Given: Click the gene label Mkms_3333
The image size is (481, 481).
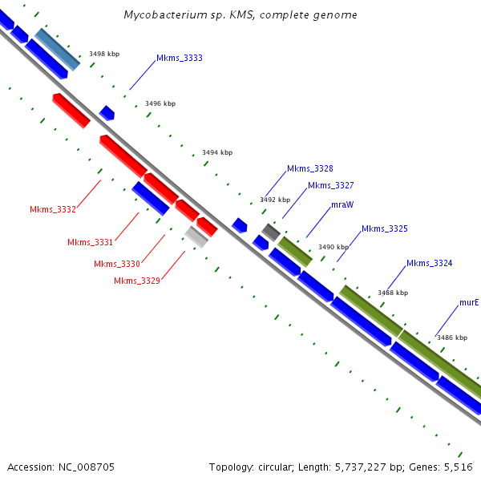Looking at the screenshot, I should [179, 58].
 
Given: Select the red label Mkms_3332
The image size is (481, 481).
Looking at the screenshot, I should [53, 210].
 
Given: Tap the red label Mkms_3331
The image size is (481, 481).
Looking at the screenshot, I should [91, 242].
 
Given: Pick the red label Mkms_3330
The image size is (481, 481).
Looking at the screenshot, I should [117, 264].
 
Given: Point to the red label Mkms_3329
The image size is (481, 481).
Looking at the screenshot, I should [137, 281].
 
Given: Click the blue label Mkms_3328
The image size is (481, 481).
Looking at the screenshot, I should [310, 168].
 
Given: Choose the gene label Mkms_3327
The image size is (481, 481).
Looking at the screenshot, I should [331, 185].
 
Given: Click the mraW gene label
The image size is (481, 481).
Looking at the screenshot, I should [342, 204].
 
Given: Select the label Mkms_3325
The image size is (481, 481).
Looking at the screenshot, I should [385, 228].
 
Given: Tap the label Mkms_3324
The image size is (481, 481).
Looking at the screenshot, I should [429, 263].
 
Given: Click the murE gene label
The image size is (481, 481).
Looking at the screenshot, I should [469, 303].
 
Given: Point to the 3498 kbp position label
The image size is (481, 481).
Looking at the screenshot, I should [104, 54].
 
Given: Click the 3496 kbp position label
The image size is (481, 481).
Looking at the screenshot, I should [160, 103].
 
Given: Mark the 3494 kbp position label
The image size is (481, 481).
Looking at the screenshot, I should [217, 152].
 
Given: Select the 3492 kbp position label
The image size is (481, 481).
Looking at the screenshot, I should [275, 200].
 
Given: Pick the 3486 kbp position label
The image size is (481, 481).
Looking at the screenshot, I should [452, 338].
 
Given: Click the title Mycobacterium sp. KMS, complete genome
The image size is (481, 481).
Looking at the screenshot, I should [240, 15].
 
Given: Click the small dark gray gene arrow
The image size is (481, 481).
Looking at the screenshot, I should [270, 232].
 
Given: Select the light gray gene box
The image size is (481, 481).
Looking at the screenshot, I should [196, 236].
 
